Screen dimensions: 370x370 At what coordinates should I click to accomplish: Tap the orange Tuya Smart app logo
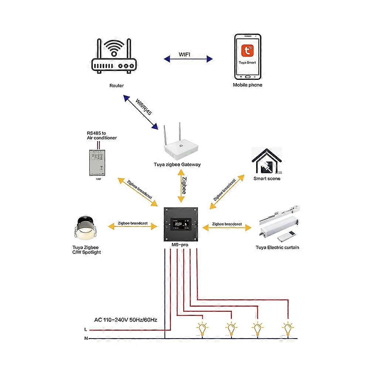coord(248,51)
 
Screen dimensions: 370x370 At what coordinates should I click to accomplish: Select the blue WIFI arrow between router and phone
coord(189,58)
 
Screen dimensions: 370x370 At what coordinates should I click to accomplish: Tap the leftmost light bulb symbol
coord(202,328)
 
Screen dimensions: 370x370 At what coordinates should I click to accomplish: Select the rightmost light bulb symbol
coord(288,328)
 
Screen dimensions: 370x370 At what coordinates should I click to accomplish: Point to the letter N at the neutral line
coord(86,338)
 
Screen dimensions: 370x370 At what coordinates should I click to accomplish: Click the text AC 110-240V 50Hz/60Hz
coord(126,319)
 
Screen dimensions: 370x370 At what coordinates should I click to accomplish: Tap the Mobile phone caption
coord(247,85)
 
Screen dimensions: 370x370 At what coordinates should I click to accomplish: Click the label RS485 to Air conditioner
coord(102,135)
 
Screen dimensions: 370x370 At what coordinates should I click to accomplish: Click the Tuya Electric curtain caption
coord(277,247)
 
